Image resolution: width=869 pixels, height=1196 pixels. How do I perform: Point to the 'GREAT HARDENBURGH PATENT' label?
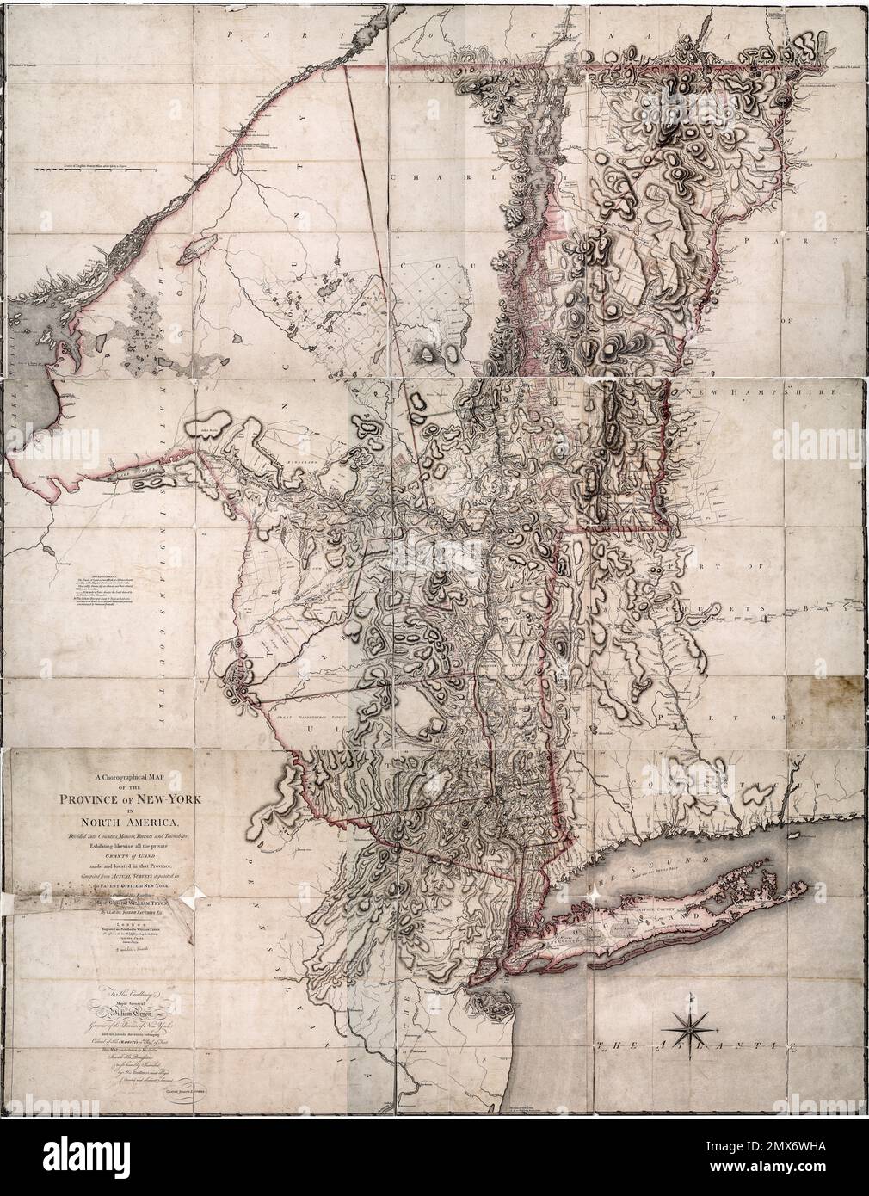[311, 713]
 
